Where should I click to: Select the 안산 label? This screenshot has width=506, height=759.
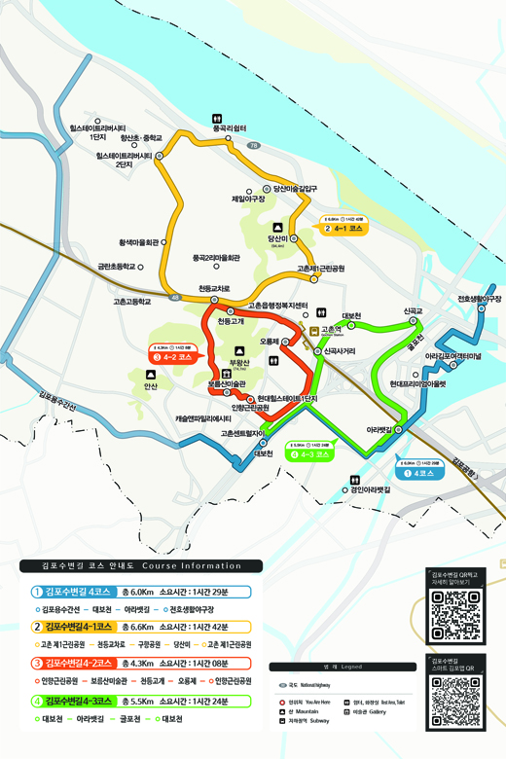(150, 386)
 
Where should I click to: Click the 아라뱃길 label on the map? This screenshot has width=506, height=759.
(379, 429)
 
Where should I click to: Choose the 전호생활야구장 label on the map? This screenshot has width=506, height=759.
(478, 299)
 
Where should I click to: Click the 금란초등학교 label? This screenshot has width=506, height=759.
(118, 266)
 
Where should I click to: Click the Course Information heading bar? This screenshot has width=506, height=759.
(140, 565)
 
